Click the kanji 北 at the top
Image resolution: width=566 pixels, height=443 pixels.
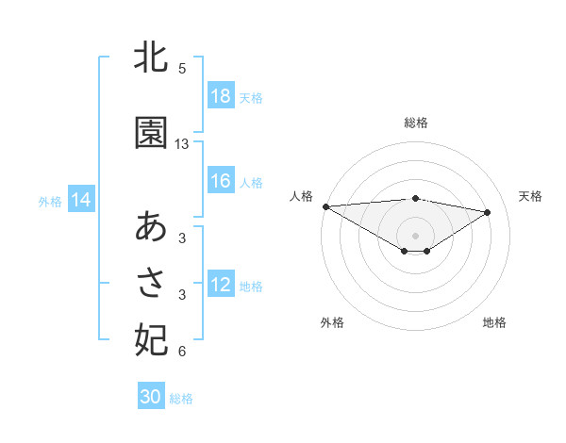pos(151,59)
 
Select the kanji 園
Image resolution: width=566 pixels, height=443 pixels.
pos(151,133)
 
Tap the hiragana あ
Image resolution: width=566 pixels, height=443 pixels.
pos(151,227)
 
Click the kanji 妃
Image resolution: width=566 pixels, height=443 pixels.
pos(151,338)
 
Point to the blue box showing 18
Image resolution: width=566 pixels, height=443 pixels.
pos(221,96)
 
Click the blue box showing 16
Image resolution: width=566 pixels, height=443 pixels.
pos(221,182)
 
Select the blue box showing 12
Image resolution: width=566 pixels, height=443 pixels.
pos(221,286)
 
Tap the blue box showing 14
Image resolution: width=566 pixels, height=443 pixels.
pos(80,200)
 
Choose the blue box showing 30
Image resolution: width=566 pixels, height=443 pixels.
pos(151,397)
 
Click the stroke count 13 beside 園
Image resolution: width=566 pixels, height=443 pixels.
pos(182,144)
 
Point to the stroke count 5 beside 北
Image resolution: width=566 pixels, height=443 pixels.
pos(182,69)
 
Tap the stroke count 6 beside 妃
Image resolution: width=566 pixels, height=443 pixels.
pos(182,352)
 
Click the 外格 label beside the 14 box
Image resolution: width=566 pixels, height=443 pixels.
pos(50,201)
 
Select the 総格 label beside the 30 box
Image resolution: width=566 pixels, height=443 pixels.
pos(181,398)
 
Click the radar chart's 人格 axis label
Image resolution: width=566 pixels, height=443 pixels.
pos(301,196)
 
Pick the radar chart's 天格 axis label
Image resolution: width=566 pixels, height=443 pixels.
pos(531,196)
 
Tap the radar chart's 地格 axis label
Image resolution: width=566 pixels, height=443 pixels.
pos(494,322)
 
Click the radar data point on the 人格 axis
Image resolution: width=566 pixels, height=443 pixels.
pos(325,205)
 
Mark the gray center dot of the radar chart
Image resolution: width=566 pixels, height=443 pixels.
pos(415,235)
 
